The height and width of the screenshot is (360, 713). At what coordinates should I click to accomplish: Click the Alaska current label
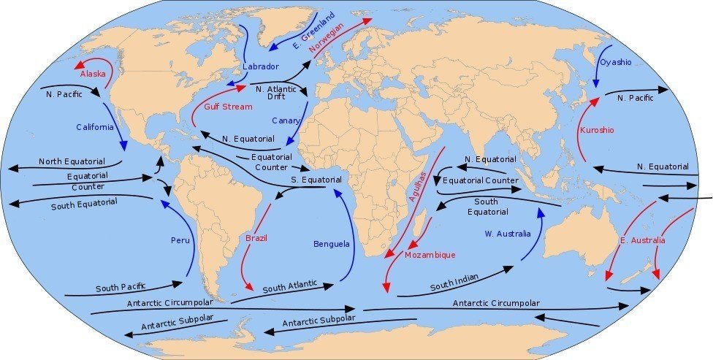click(x=93, y=74)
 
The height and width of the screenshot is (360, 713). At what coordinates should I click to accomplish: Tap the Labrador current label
click(x=261, y=67)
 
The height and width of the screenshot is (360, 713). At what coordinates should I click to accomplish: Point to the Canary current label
click(x=286, y=120)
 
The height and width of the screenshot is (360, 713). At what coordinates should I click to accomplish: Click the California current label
click(x=95, y=127)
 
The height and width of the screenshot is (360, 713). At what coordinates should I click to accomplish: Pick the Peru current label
click(x=180, y=240)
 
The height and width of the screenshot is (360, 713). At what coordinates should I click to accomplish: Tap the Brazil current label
click(x=257, y=238)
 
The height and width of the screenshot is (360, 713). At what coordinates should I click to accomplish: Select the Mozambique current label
click(x=431, y=255)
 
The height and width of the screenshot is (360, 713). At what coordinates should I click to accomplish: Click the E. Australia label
click(x=642, y=240)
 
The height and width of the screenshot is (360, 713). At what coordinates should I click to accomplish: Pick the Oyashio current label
click(x=615, y=63)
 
